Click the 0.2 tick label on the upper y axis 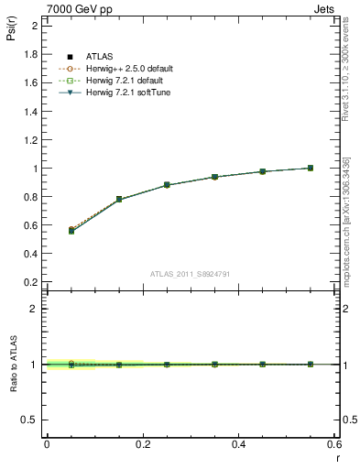pyautogui.click(x=32, y=283)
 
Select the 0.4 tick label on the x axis pyautogui.click(x=239, y=443)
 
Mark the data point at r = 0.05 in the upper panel pyautogui.click(x=71, y=231)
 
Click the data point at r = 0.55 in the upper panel pyautogui.click(x=311, y=168)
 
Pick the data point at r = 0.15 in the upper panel pyautogui.click(x=119, y=199)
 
